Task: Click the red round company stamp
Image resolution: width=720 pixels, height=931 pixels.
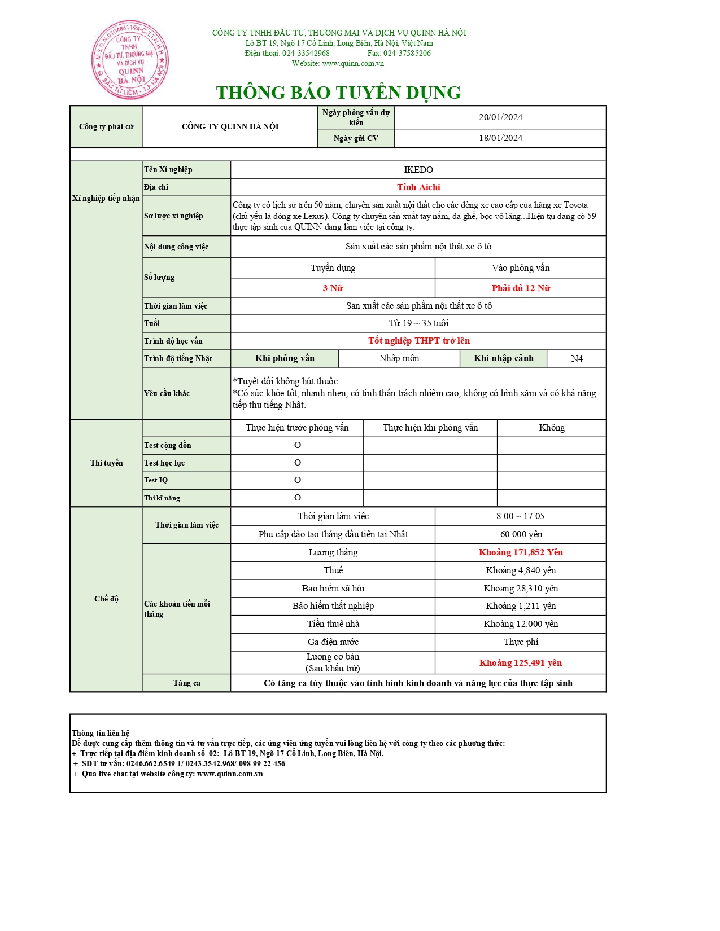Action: pyautogui.click(x=130, y=60)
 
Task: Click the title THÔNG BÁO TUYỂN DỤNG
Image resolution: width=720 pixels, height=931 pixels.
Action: pyautogui.click(x=338, y=93)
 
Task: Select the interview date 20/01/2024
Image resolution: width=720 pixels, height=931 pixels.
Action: pyautogui.click(x=500, y=117)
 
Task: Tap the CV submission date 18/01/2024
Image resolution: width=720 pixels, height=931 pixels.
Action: pyautogui.click(x=500, y=138)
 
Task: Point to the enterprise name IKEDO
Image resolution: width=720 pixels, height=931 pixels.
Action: pyautogui.click(x=418, y=170)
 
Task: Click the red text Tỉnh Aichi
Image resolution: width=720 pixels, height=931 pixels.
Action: pyautogui.click(x=418, y=187)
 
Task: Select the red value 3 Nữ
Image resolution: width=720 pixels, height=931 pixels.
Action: pyautogui.click(x=333, y=288)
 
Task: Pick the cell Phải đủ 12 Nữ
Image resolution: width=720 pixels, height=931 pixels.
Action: pyautogui.click(x=521, y=288)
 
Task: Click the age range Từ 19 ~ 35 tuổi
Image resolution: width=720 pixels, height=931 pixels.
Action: pyautogui.click(x=418, y=323)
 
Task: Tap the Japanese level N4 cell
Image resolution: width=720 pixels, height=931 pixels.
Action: pyautogui.click(x=577, y=359)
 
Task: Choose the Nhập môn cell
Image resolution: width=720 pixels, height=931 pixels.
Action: pyautogui.click(x=399, y=359)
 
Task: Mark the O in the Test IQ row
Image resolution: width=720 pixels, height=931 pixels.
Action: pyautogui.click(x=298, y=480)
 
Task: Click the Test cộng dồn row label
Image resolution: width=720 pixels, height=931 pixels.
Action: pyautogui.click(x=168, y=446)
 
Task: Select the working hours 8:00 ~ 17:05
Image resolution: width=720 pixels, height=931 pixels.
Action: pyautogui.click(x=520, y=516)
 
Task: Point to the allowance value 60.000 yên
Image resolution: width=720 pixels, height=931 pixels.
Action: pyautogui.click(x=521, y=534)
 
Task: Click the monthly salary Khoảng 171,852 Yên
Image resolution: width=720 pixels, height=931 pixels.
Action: pyautogui.click(x=521, y=552)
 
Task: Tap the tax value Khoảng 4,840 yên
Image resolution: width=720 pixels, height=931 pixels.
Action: pyautogui.click(x=521, y=570)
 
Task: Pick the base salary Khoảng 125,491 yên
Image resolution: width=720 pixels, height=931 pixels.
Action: pyautogui.click(x=521, y=663)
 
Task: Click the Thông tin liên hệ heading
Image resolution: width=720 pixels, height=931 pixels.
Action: pyautogui.click(x=101, y=733)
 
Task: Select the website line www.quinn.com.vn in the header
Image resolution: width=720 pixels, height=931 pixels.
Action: pyautogui.click(x=338, y=64)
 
